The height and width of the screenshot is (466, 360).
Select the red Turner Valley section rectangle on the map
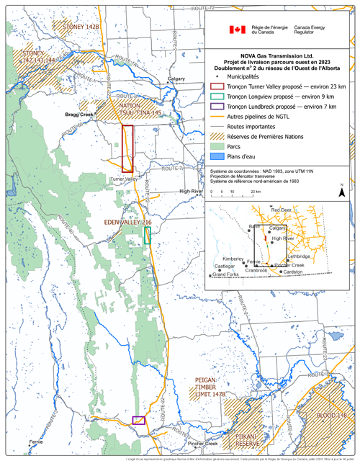tap(127, 148)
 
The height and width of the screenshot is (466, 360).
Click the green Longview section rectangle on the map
tap(148, 235)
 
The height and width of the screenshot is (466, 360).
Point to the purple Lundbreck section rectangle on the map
tap(139, 419)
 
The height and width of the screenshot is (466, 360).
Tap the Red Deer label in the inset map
tap(281, 210)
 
